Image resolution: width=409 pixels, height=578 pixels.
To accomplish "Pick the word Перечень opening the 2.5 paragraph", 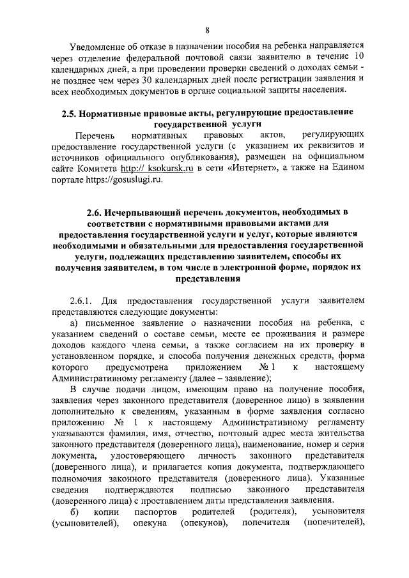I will tap(95, 136).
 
